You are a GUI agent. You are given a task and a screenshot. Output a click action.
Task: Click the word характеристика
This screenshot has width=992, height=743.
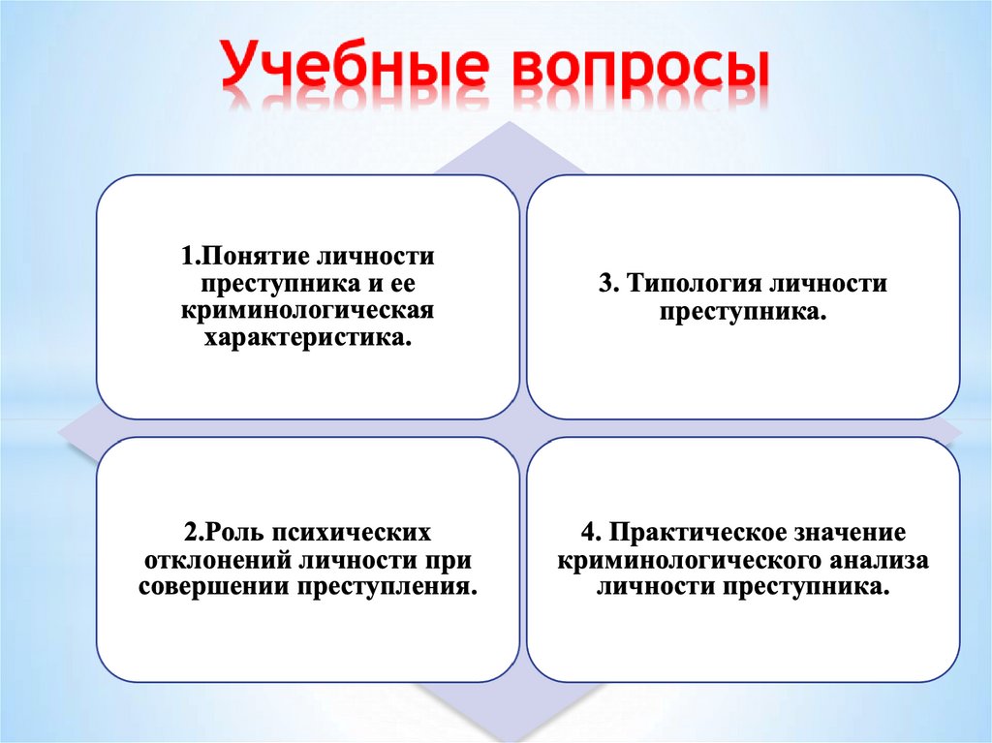(307, 339)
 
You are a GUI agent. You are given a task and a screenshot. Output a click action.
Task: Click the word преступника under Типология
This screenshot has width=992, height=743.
(742, 312)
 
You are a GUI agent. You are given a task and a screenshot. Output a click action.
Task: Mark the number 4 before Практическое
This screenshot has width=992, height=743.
(587, 534)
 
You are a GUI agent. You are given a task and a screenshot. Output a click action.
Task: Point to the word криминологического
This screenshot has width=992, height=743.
(690, 561)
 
